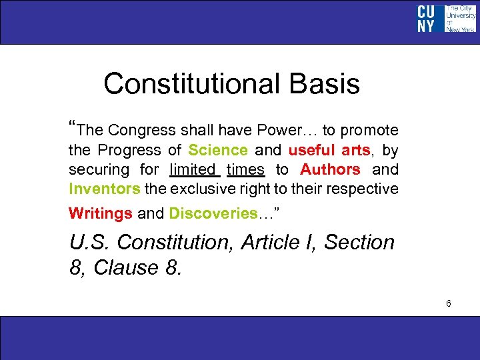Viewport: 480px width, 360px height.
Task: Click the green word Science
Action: pos(218,151)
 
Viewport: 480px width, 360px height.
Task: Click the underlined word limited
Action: pos(193,170)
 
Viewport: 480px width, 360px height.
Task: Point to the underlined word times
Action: pos(245,170)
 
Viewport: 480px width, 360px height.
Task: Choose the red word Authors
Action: pos(330,170)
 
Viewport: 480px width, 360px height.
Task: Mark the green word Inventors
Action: pos(105,189)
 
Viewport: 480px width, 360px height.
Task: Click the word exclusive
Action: pos(203,189)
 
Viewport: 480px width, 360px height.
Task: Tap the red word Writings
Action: pos(101,214)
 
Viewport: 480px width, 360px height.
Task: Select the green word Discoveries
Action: pos(213,214)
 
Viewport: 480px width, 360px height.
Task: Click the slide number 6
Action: pos(449,304)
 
